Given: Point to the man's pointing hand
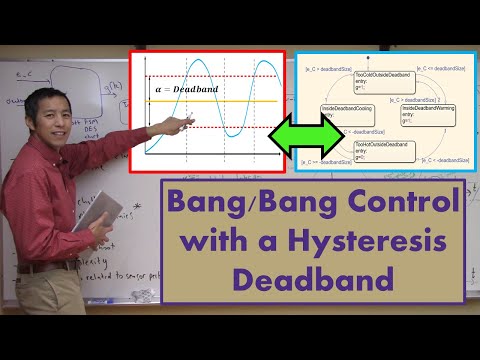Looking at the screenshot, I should click(182, 124).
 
